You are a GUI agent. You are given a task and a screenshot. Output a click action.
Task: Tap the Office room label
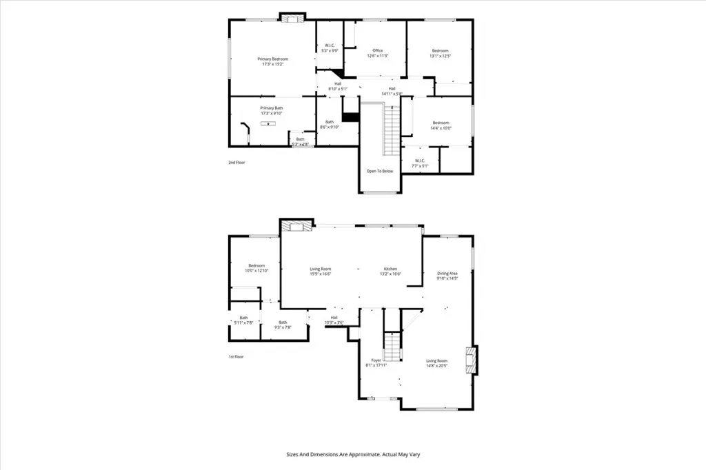click(x=378, y=50)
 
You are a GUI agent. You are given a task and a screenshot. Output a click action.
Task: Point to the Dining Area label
click(x=447, y=274)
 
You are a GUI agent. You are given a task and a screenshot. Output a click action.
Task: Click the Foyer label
click(x=376, y=360)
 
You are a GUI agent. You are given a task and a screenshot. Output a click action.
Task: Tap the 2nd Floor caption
click(x=236, y=163)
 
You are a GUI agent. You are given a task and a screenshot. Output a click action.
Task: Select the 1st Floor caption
click(x=236, y=356)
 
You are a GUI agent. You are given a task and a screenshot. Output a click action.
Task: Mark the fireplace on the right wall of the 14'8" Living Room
click(x=470, y=360)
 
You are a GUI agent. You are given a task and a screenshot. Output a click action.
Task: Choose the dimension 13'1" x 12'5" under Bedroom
click(x=441, y=56)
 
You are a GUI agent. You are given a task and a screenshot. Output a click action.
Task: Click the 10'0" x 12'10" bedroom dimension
click(x=256, y=271)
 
